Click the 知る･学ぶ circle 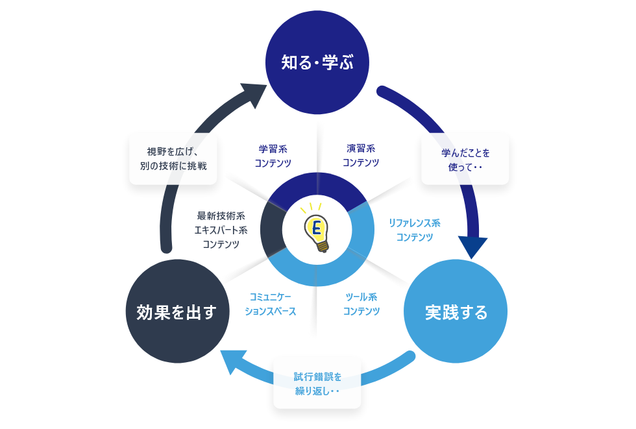coord(317,62)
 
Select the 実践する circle coord(456,312)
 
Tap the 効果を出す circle coord(177,312)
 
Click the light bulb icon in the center coord(317,228)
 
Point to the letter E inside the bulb coord(317,227)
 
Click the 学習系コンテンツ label coord(273,156)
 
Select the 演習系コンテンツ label coord(361,155)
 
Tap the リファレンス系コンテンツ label coord(414,230)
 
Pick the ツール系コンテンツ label coord(361,304)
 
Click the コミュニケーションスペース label coord(271,304)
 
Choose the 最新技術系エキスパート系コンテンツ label coord(221,230)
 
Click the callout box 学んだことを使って coord(465,160)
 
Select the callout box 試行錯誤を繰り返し coord(317,384)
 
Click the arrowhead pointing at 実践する coord(472,246)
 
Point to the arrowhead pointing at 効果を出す coord(230,362)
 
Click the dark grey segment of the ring coord(271,229)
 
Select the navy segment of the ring coord(317,186)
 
